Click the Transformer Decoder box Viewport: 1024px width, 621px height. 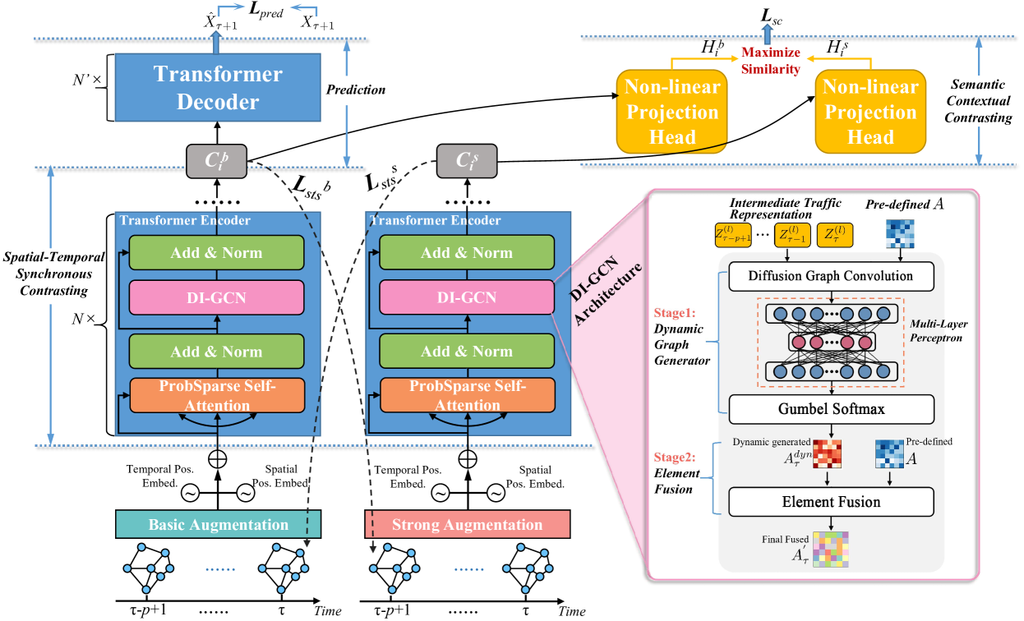(x=218, y=88)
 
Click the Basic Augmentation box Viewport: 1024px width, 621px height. (x=218, y=524)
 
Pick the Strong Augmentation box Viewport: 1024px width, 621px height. (x=467, y=524)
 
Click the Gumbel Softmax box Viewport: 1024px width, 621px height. (x=832, y=409)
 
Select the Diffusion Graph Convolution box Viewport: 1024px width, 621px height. (x=832, y=276)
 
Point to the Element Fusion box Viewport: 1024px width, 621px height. (x=832, y=501)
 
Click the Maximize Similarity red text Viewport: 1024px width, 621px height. (x=770, y=61)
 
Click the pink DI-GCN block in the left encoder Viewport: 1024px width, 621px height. (x=218, y=297)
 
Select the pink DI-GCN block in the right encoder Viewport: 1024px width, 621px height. (x=466, y=297)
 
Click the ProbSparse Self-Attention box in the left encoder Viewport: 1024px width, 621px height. (x=218, y=394)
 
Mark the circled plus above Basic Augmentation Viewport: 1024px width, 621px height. (x=218, y=457)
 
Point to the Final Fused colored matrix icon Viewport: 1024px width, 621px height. (x=831, y=550)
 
